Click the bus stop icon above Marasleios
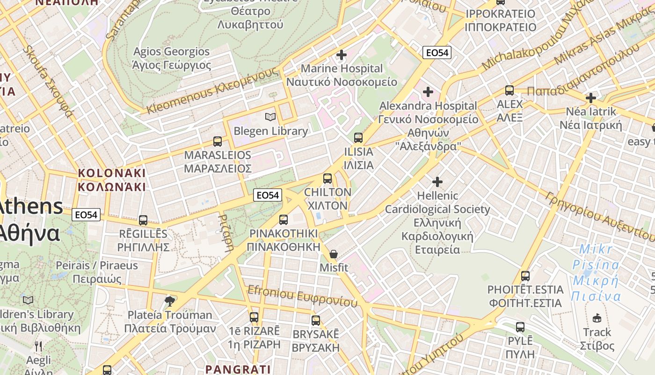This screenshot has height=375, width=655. (x=217, y=141)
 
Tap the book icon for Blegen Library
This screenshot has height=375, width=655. (x=270, y=117)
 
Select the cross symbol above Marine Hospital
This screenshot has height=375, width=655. (x=342, y=55)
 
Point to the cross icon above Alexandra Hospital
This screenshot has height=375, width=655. (x=428, y=92)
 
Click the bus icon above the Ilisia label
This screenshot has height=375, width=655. (x=358, y=138)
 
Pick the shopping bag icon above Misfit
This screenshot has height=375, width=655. (x=333, y=254)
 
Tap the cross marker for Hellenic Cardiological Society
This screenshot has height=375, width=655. (x=437, y=181)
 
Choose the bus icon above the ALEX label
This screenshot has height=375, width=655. (x=509, y=90)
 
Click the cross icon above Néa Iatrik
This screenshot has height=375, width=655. (x=591, y=98)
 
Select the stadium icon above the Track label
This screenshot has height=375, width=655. (x=597, y=318)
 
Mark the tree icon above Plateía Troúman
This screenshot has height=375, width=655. (x=170, y=300)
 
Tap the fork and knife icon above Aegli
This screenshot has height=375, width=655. (x=39, y=346)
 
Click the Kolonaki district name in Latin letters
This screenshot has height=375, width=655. (x=112, y=173)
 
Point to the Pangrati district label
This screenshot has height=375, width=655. (x=238, y=369)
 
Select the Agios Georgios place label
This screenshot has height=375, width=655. (x=171, y=52)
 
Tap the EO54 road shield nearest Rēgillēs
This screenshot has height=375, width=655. (x=87, y=215)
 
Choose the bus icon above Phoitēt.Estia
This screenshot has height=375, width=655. (x=525, y=276)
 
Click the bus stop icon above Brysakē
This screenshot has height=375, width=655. (x=316, y=321)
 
